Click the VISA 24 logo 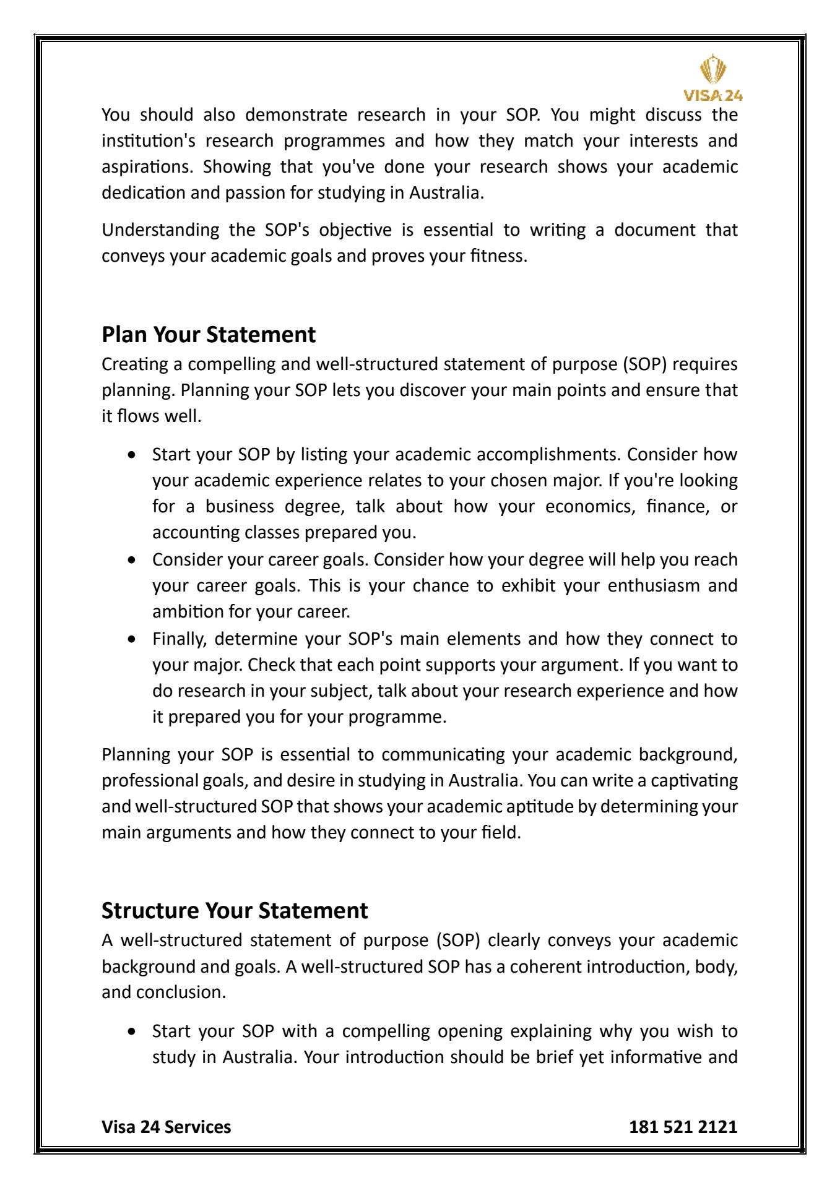(713, 78)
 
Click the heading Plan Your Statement (209, 335)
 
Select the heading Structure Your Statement (235, 911)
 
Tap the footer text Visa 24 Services (166, 1127)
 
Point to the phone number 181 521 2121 (683, 1127)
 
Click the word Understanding (160, 230)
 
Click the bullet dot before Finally (131, 639)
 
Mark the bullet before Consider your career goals (131, 560)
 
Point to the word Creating (135, 364)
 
